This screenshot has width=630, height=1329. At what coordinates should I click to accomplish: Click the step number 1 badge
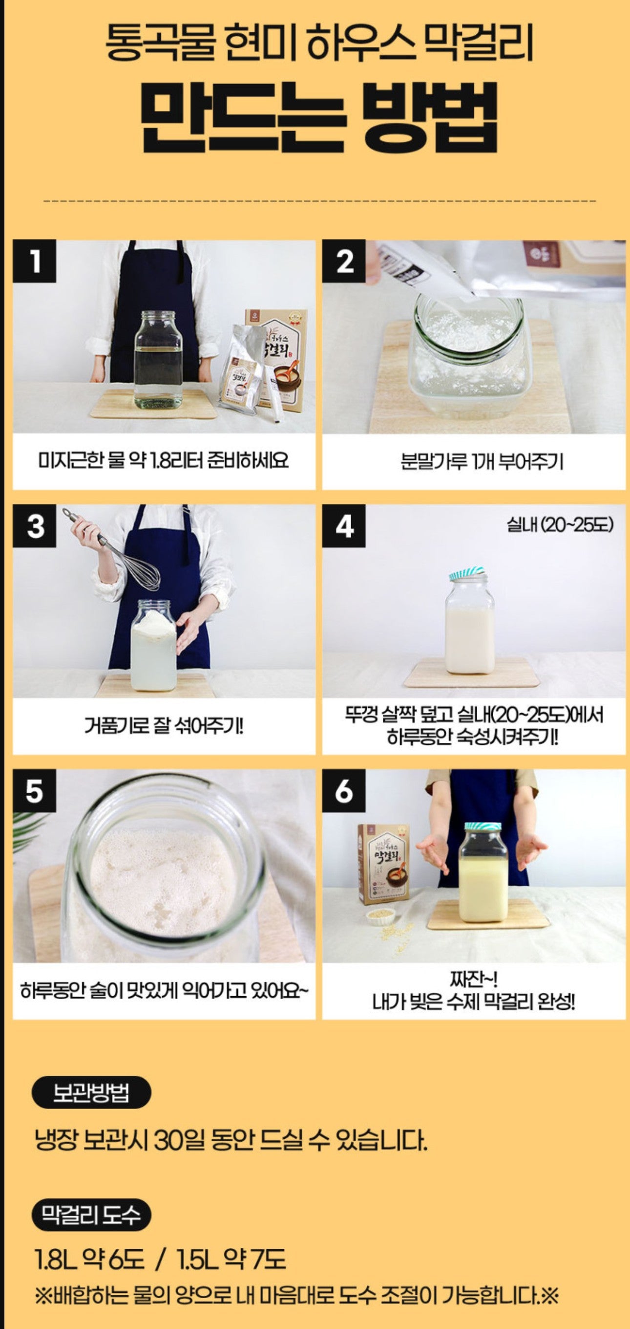(34, 261)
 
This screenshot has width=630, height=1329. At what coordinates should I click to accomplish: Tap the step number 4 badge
(344, 526)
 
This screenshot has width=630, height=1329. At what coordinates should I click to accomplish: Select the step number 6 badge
(344, 790)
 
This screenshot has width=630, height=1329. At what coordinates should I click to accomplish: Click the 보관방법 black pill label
(91, 1092)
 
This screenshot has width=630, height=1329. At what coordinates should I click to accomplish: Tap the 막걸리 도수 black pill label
(91, 1214)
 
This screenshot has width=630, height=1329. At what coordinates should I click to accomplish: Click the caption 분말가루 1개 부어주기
(482, 461)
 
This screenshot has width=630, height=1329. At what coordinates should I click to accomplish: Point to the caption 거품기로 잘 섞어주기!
(164, 726)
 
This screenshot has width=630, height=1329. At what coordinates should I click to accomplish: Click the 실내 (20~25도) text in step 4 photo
(559, 524)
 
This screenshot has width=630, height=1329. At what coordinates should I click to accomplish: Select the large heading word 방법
(430, 118)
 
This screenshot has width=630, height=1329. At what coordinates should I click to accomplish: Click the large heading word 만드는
(242, 118)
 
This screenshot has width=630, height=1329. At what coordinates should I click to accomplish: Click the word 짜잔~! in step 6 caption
(473, 979)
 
